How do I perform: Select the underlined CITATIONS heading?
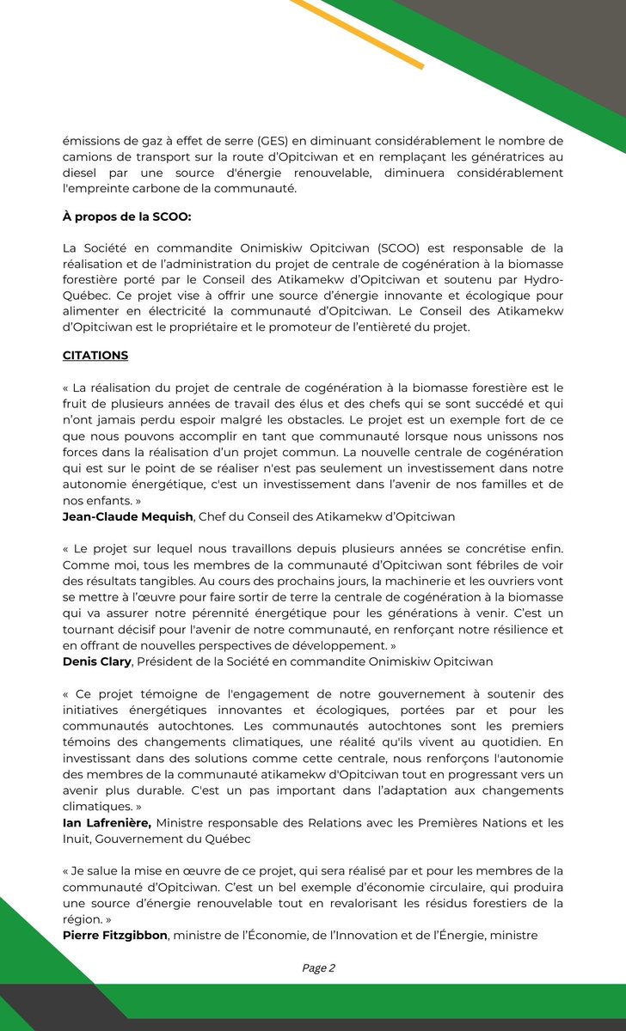tap(96, 354)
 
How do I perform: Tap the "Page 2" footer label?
tap(318, 967)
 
